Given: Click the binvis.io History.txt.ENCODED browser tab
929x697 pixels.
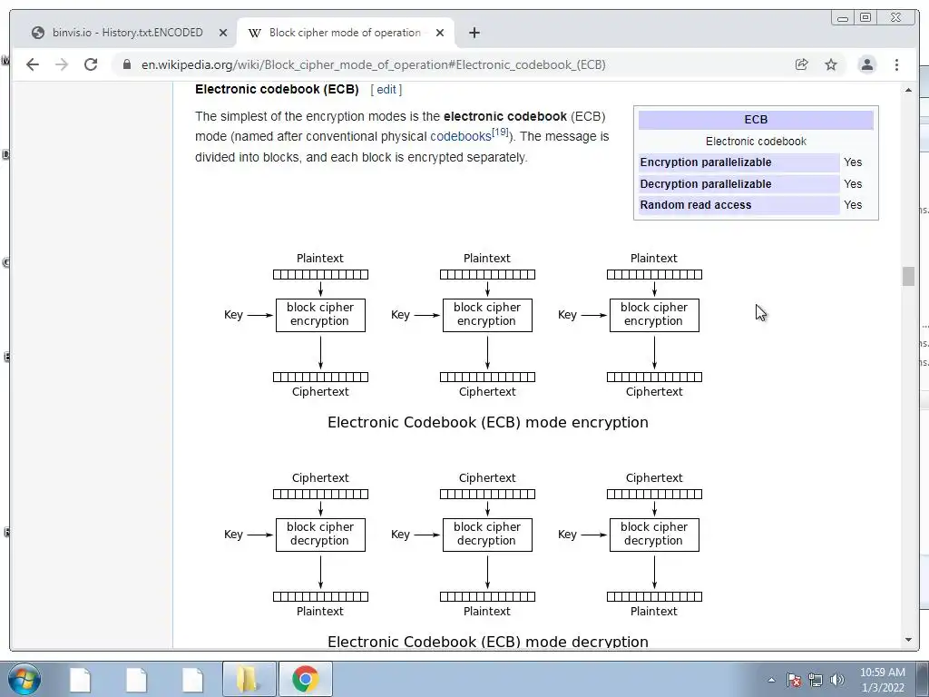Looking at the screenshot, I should [127, 33].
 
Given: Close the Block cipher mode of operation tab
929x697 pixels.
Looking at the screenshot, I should [440, 33].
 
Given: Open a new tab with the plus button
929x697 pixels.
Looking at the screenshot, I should [474, 33].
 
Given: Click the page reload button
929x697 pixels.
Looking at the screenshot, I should [91, 64].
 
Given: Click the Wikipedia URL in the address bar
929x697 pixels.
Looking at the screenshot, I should [373, 64].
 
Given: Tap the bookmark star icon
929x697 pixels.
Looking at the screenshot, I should [831, 64].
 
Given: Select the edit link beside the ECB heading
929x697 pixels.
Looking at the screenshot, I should [386, 90].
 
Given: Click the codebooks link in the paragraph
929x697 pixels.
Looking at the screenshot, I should [460, 137].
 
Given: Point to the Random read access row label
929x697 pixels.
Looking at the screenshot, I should [696, 205].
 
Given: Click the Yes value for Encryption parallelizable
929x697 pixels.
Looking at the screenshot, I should [853, 162].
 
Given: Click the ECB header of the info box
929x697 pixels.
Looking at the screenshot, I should [756, 120].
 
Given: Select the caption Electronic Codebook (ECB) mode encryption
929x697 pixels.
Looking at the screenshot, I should [487, 422].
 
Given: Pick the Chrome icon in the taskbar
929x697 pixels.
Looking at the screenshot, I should [306, 679].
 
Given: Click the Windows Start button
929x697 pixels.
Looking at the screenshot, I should [24, 679].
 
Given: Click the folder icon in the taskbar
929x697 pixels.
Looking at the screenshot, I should [248, 679].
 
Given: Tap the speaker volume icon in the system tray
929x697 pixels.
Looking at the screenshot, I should [836, 680].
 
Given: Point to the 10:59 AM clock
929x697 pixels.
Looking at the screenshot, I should [883, 672].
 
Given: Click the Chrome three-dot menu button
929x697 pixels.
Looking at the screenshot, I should [896, 64].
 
